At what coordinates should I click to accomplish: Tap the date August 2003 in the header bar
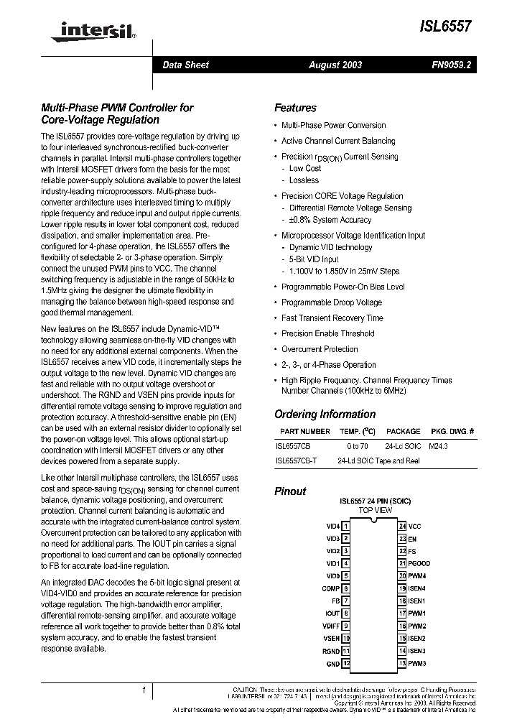click(x=335, y=65)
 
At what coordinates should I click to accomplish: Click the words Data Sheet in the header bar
click(x=185, y=65)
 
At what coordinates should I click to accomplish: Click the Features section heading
click(x=295, y=108)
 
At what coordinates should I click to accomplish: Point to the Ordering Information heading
click(x=325, y=414)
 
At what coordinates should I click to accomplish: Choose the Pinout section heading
click(x=290, y=491)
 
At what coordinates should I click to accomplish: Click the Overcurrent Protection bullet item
click(x=320, y=349)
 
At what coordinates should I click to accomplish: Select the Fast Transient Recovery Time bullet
click(x=332, y=318)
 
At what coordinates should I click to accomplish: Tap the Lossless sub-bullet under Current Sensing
click(x=304, y=180)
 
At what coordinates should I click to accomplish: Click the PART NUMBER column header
click(x=304, y=431)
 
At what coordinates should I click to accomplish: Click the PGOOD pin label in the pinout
click(x=419, y=563)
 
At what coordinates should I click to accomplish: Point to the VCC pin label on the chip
click(x=415, y=526)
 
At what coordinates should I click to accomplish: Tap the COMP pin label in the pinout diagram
click(x=330, y=588)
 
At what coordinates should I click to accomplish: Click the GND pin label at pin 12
click(x=333, y=664)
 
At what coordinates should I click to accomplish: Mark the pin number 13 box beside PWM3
click(x=402, y=663)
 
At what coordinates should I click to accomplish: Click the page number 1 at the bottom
click(x=144, y=690)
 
